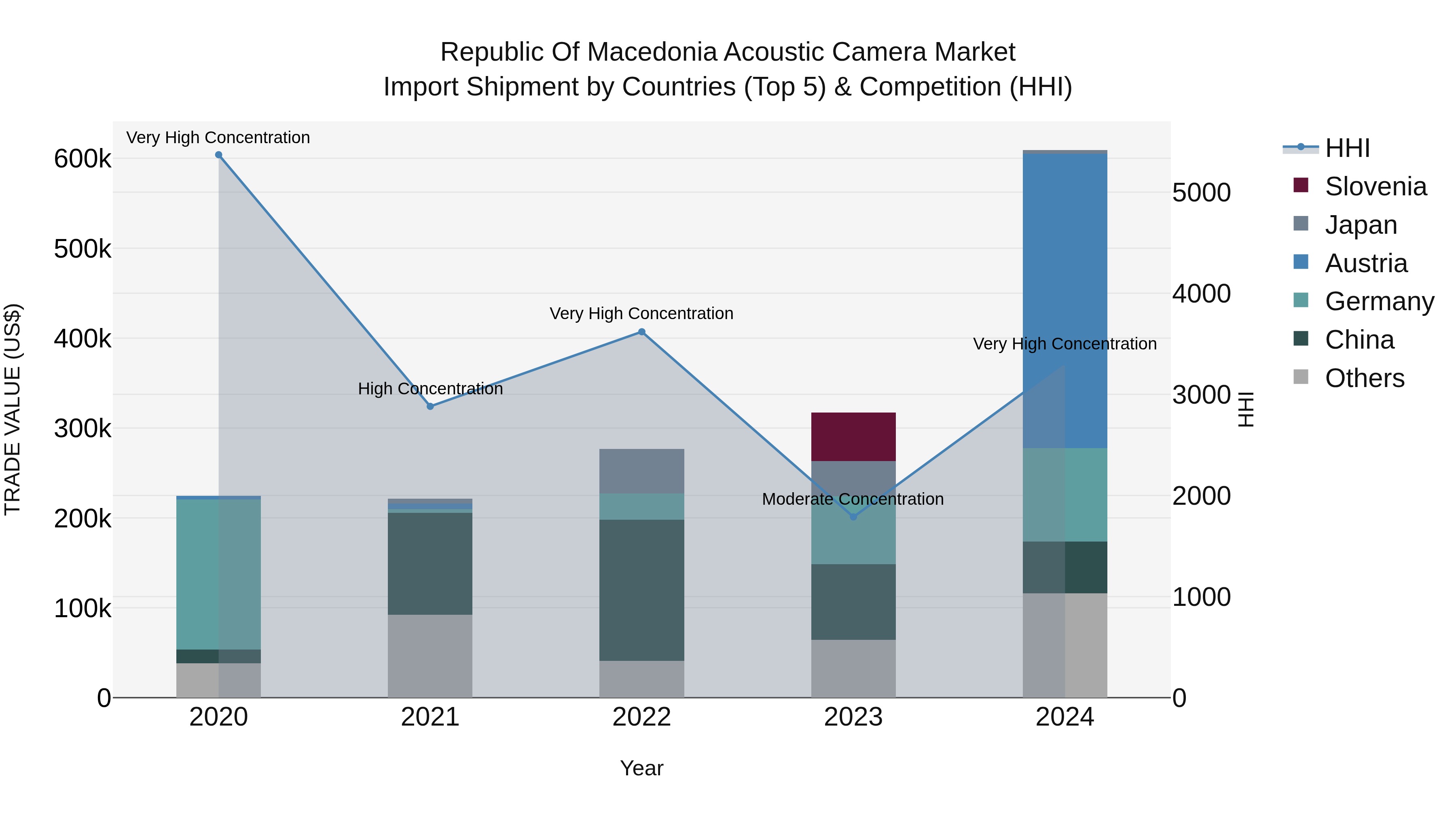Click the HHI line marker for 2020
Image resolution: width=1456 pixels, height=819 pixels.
(219, 155)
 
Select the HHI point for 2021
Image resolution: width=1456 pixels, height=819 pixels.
(430, 406)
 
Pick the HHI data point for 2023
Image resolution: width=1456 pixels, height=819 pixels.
(853, 516)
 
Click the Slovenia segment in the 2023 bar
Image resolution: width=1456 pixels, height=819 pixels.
(853, 437)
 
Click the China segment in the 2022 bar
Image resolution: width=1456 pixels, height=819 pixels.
(641, 590)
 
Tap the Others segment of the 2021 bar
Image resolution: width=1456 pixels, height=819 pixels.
(430, 656)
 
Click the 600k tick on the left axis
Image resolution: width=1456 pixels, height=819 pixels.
(83, 159)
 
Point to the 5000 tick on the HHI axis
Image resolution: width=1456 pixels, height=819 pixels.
(1201, 193)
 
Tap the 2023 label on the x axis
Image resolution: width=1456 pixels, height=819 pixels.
(853, 717)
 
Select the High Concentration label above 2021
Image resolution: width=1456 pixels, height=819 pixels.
(430, 389)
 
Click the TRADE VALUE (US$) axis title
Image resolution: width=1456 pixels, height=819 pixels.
(13, 409)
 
